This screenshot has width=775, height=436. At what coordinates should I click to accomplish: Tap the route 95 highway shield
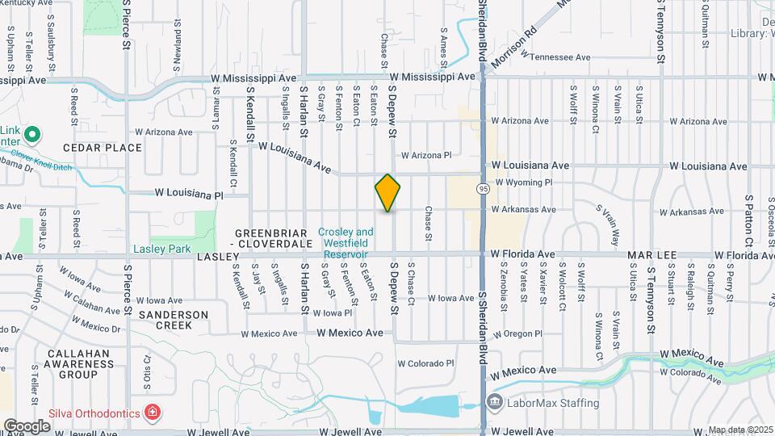(x=483, y=188)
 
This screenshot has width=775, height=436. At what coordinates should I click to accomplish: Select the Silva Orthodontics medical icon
(x=152, y=413)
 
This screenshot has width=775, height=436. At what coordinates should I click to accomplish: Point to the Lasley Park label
(x=161, y=249)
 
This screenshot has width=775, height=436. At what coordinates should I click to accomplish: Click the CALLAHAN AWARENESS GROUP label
(x=83, y=364)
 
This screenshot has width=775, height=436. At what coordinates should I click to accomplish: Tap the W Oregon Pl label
(x=517, y=333)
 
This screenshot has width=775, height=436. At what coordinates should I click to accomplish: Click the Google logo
(x=27, y=426)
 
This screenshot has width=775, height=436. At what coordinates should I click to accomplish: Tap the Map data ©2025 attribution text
(x=740, y=430)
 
